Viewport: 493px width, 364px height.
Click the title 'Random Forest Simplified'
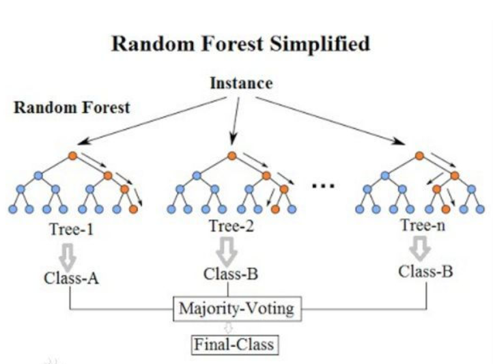click(240, 45)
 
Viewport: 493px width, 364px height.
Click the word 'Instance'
click(240, 83)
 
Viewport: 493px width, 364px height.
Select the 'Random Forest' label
click(72, 107)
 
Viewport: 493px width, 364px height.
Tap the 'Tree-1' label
click(70, 229)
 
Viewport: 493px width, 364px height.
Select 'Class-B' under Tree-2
click(231, 275)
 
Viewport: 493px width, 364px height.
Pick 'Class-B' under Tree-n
click(425, 272)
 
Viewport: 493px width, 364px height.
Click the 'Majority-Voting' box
click(236, 308)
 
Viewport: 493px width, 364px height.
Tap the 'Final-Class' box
click(234, 344)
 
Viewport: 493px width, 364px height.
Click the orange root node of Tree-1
click(73, 157)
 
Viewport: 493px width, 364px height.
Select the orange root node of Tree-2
click(233, 157)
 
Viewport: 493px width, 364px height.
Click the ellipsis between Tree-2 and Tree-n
click(322, 184)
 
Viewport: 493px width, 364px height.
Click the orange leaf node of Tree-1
click(132, 209)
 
